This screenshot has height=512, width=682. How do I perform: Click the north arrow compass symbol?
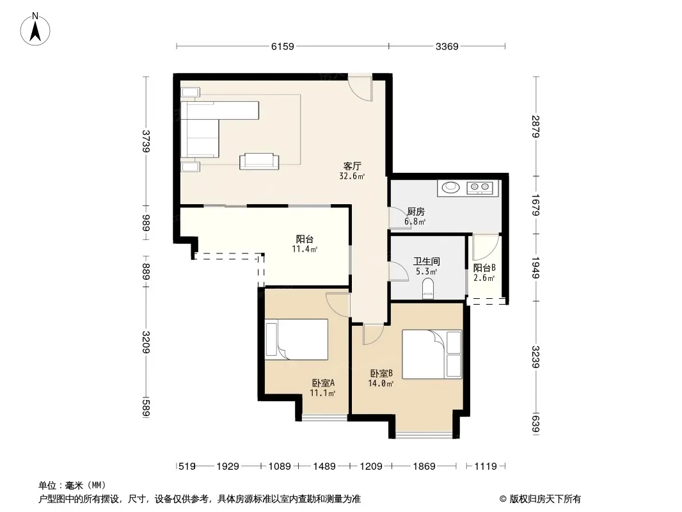[x=35, y=29]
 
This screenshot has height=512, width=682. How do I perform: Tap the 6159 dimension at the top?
[x=283, y=46]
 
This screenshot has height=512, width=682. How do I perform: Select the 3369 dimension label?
[x=447, y=46]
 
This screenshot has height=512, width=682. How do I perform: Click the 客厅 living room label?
[x=353, y=166]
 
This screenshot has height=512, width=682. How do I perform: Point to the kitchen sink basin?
[x=450, y=188]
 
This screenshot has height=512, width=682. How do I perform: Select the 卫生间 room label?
[x=426, y=261]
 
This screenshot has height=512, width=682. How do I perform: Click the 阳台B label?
[x=484, y=268]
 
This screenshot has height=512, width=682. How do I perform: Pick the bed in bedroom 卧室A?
[x=297, y=339]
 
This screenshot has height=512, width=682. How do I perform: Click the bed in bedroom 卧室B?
[x=431, y=354]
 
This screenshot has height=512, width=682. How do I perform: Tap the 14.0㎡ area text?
[x=381, y=383]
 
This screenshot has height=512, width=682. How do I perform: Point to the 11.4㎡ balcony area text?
[x=305, y=249]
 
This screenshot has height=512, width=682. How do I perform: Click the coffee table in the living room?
[x=259, y=161]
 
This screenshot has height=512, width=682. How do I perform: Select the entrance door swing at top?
[x=361, y=89]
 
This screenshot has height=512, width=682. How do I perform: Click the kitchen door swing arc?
[x=397, y=218]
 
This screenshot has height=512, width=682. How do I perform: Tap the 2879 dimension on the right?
[x=535, y=126]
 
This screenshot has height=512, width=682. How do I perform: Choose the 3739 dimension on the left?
[x=146, y=141]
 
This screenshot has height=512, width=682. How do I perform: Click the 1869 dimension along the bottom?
[x=424, y=467]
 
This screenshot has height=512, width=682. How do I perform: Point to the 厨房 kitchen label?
[x=416, y=211]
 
